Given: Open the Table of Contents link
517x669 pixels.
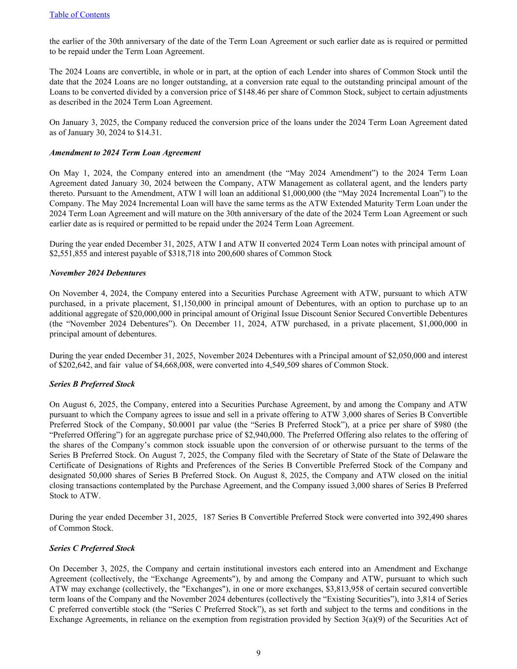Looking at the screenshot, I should pyautogui.click(x=79, y=15).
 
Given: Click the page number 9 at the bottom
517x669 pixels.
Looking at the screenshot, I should pyautogui.click(x=258, y=653).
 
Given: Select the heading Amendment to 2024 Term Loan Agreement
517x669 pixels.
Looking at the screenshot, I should pyautogui.click(x=125, y=153).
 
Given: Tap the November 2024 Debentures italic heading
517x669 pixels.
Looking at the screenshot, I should pyautogui.click(x=98, y=273).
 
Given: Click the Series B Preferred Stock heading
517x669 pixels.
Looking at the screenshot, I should pyautogui.click(x=92, y=384).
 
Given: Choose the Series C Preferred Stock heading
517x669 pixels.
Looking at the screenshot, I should pyautogui.click(x=92, y=548).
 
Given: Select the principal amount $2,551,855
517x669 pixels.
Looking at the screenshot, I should pyautogui.click(x=67, y=254).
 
